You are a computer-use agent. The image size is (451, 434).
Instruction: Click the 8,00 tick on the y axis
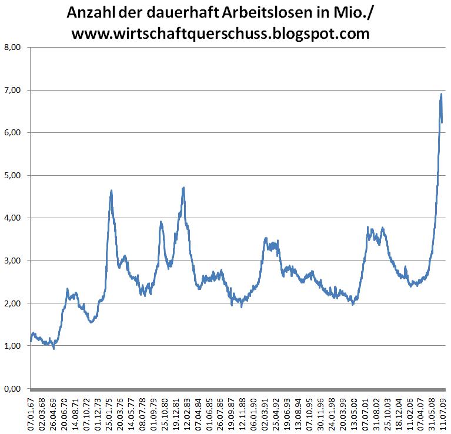(12, 48)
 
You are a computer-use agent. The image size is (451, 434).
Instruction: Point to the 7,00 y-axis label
(12, 90)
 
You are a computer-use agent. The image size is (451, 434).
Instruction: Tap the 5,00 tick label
(12, 175)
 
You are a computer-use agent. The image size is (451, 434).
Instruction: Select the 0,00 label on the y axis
(12, 389)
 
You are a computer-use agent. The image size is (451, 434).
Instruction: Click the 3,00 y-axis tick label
(12, 261)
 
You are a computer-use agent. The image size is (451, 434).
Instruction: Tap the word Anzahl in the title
(89, 12)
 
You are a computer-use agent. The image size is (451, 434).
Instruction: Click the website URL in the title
(220, 34)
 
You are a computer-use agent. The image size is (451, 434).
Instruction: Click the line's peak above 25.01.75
(111, 191)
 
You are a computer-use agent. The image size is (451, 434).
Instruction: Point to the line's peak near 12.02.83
(184, 188)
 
